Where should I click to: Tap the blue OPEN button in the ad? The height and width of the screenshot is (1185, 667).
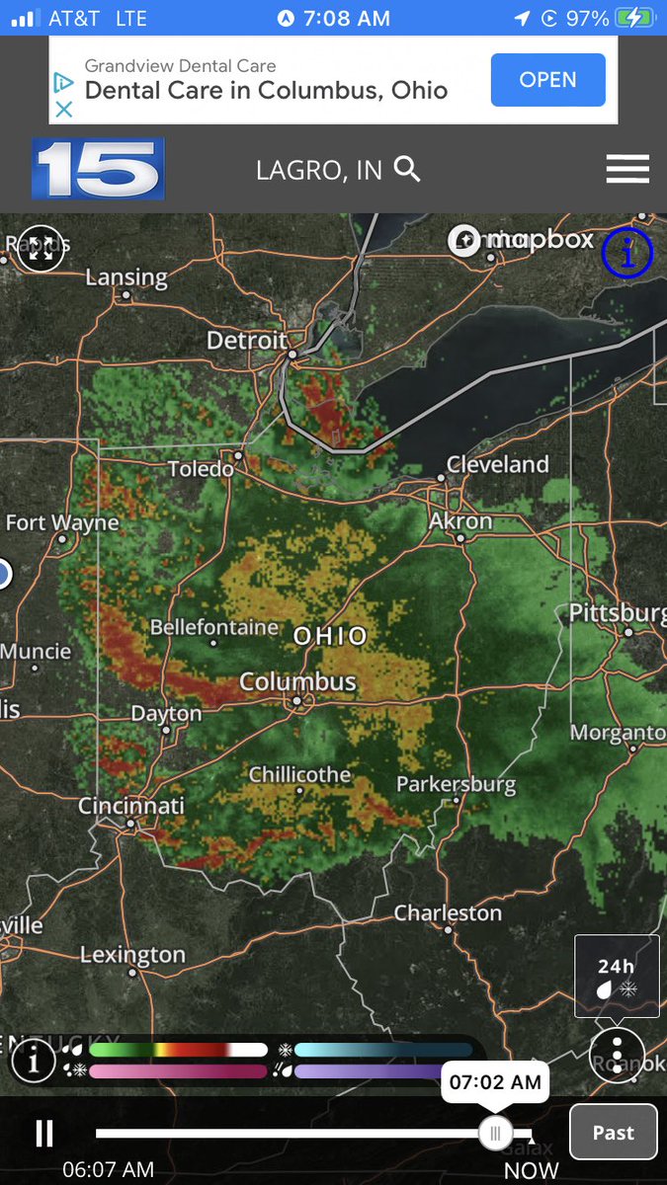[547, 79]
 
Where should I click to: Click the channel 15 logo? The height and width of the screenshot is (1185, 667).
[98, 169]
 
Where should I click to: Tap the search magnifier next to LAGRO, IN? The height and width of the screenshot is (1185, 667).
[407, 169]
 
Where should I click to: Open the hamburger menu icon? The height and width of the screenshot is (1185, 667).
[627, 169]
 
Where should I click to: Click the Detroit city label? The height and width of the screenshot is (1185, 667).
[247, 341]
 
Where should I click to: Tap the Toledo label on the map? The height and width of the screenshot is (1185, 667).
[201, 468]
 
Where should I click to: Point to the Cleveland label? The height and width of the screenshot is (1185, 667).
[497, 464]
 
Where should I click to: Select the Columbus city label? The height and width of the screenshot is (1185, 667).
[297, 681]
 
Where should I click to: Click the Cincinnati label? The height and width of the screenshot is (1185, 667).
[131, 806]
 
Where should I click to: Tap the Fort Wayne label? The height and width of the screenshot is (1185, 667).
[62, 522]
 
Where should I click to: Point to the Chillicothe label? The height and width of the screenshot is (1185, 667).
[299, 774]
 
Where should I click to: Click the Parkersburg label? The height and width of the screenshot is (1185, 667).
[456, 785]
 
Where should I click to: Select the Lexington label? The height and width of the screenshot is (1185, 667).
[132, 955]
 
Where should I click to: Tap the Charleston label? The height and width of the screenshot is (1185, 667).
[448, 912]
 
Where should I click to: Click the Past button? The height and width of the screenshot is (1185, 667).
[613, 1132]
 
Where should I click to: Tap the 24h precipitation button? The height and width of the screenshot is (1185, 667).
[617, 975]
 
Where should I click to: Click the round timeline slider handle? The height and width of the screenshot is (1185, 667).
[495, 1132]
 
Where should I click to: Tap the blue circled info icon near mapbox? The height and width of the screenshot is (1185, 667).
[627, 253]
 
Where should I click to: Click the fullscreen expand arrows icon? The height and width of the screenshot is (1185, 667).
[42, 247]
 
